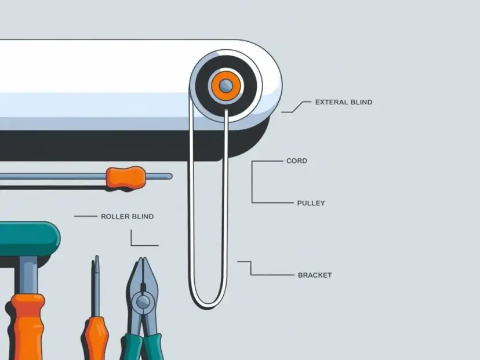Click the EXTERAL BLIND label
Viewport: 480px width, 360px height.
point(344,102)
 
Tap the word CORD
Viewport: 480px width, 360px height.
point(297,161)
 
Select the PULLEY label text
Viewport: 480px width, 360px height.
point(311,203)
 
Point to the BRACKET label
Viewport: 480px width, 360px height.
point(315,275)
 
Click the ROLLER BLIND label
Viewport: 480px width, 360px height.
point(128,216)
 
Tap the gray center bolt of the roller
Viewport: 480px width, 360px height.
point(226,85)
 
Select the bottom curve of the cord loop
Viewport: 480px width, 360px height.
point(208,304)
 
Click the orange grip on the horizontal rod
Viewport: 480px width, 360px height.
point(126,178)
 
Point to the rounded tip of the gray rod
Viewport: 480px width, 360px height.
point(170,176)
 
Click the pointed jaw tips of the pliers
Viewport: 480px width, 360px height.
point(141,260)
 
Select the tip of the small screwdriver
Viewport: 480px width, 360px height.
point(97,258)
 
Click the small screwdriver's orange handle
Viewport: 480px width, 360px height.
point(96,339)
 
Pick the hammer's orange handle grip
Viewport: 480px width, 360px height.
point(26,327)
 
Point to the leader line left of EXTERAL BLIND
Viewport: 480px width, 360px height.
point(296,107)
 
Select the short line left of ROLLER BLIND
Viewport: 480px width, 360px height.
point(86,216)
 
